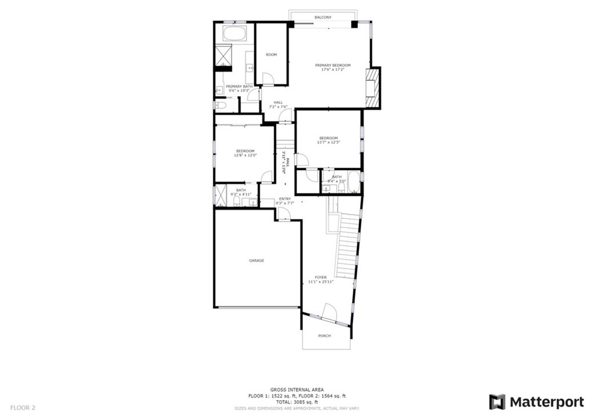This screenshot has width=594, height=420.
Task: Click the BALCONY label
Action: tap(323, 17)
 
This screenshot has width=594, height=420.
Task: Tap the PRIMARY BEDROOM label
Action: tap(332, 65)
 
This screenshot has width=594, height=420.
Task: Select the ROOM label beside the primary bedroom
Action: tap(271, 55)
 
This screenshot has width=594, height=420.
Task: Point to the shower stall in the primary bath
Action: tap(223, 55)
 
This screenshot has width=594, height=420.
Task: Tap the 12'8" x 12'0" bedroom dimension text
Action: tap(245, 155)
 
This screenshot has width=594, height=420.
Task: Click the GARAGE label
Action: tap(256, 260)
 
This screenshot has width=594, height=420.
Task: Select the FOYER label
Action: tap(321, 277)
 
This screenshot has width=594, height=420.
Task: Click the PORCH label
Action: tap(324, 336)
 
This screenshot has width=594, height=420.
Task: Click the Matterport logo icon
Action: tap(497, 401)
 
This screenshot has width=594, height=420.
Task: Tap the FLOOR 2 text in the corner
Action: tap(23, 408)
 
